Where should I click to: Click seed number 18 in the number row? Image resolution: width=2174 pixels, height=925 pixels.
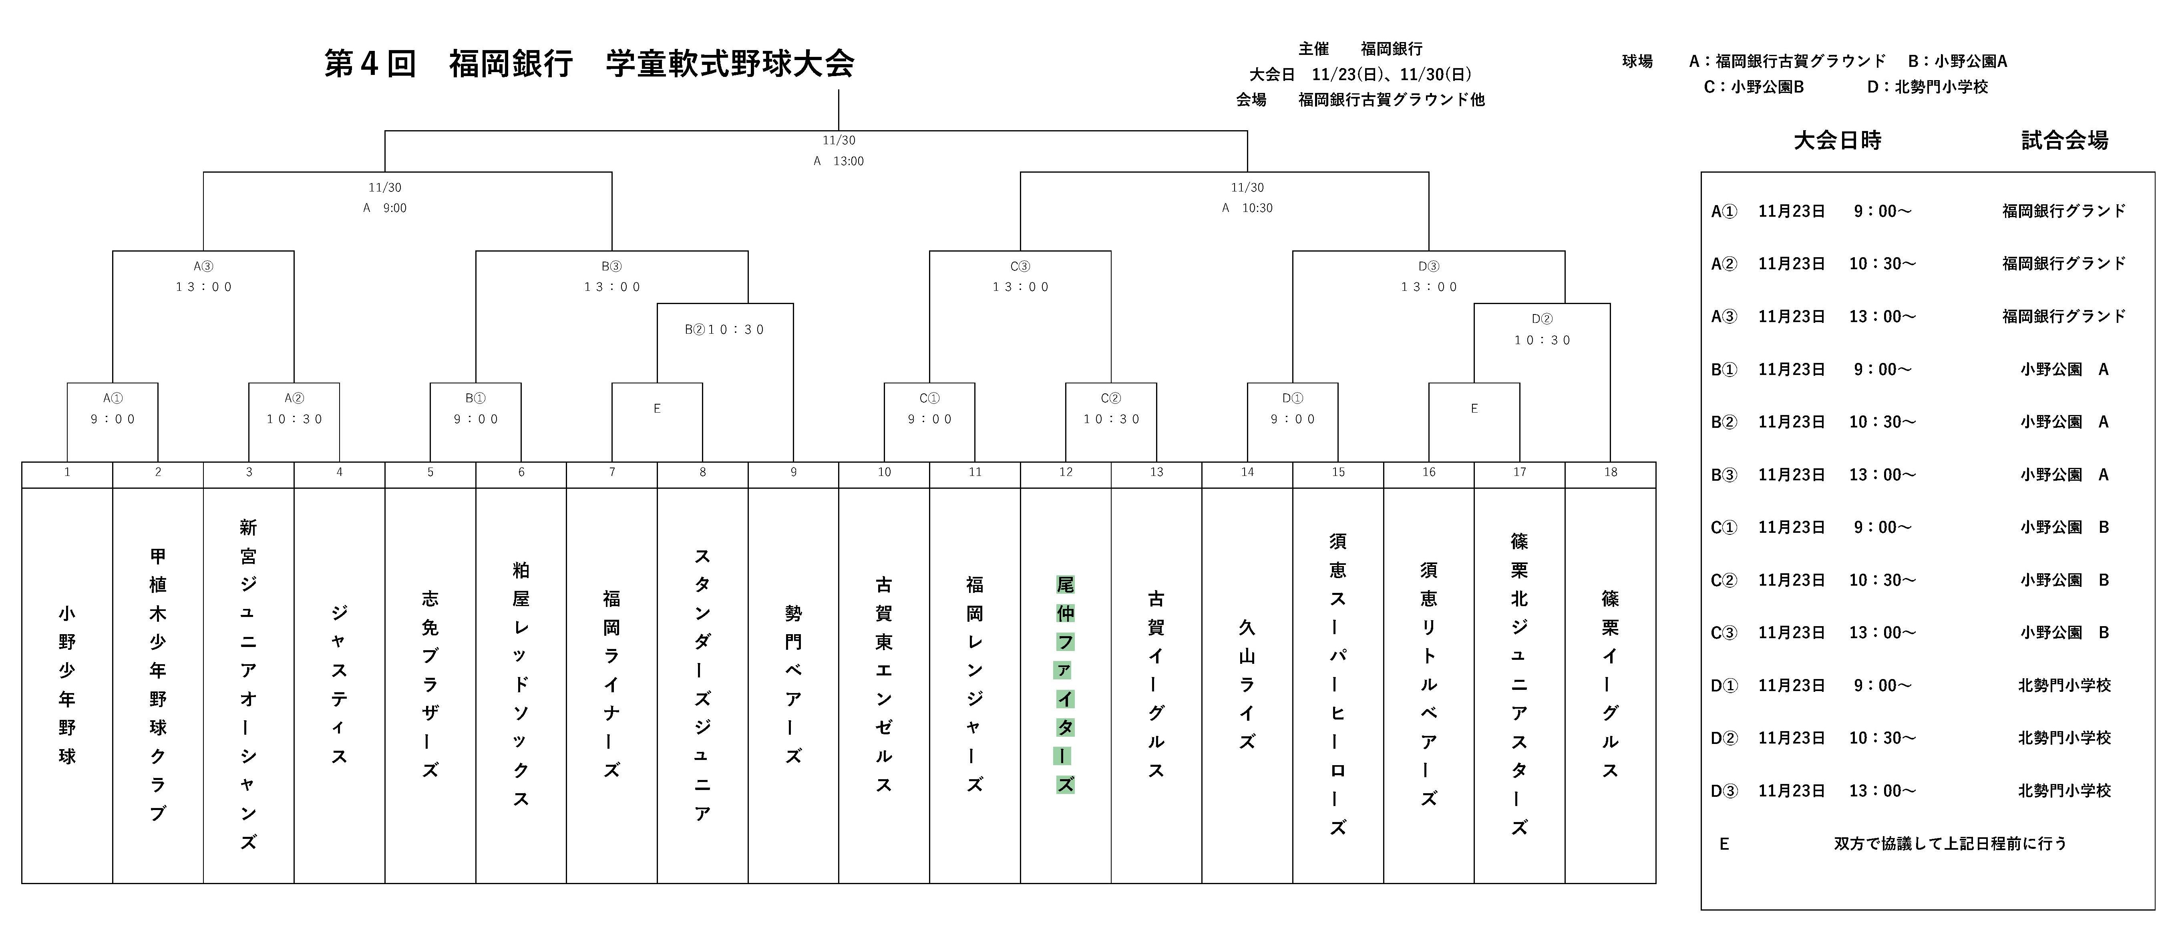click(x=1610, y=473)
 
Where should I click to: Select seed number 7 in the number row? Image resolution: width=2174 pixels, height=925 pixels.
click(x=612, y=473)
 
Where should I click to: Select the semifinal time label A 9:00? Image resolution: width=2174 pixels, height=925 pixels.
click(x=385, y=208)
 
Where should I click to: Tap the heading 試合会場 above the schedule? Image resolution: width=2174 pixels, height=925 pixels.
click(x=2064, y=140)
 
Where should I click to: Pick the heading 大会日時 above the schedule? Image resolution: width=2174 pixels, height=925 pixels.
click(x=1837, y=140)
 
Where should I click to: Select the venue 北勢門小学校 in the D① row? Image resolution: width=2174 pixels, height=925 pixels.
click(x=2064, y=685)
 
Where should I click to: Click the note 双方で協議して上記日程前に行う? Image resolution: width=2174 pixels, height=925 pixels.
click(x=1951, y=843)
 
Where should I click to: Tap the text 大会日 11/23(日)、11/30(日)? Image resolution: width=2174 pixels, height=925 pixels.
click(x=1360, y=74)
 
